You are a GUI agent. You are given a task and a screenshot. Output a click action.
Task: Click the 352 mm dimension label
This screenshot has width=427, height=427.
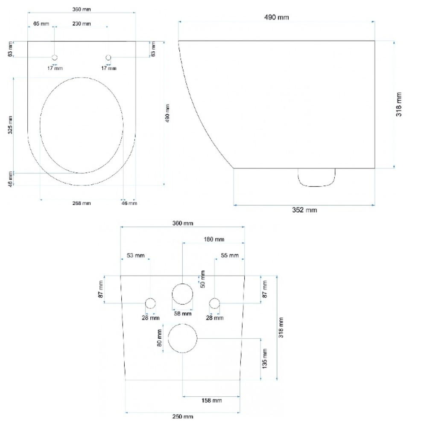tap(304, 210)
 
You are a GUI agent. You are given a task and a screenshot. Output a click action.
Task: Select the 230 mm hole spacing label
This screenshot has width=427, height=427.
tap(82, 23)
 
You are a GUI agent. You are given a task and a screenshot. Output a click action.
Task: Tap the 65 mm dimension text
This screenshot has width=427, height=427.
tap(41, 23)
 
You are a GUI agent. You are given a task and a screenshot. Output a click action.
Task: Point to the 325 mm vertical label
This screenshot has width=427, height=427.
tap(10, 124)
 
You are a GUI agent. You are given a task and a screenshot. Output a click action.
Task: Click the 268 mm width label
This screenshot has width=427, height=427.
tap(82, 203)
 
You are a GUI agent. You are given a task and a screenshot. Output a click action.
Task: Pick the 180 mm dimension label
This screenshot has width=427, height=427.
tap(214, 240)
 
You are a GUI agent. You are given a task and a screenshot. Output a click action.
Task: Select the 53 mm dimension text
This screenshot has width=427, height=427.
tap(136, 255)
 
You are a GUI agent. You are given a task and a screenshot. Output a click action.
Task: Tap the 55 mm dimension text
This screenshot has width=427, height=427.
tap(230, 255)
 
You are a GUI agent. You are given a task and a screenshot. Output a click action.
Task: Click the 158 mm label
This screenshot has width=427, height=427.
tap(212, 401)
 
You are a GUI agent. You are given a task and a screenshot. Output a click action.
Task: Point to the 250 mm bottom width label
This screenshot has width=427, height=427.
tap(183, 416)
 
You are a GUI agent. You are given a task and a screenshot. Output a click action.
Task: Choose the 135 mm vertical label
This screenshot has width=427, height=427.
tap(264, 359)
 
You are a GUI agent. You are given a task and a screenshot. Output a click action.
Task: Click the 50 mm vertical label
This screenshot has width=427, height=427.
tap(202, 279)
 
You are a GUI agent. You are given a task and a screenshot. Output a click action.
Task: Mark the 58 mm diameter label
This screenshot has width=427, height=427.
tap(183, 314)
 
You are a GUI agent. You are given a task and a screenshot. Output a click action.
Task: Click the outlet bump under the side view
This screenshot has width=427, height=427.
tap(316, 186)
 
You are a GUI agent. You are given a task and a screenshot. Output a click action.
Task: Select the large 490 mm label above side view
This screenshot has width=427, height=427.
tap(276, 18)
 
